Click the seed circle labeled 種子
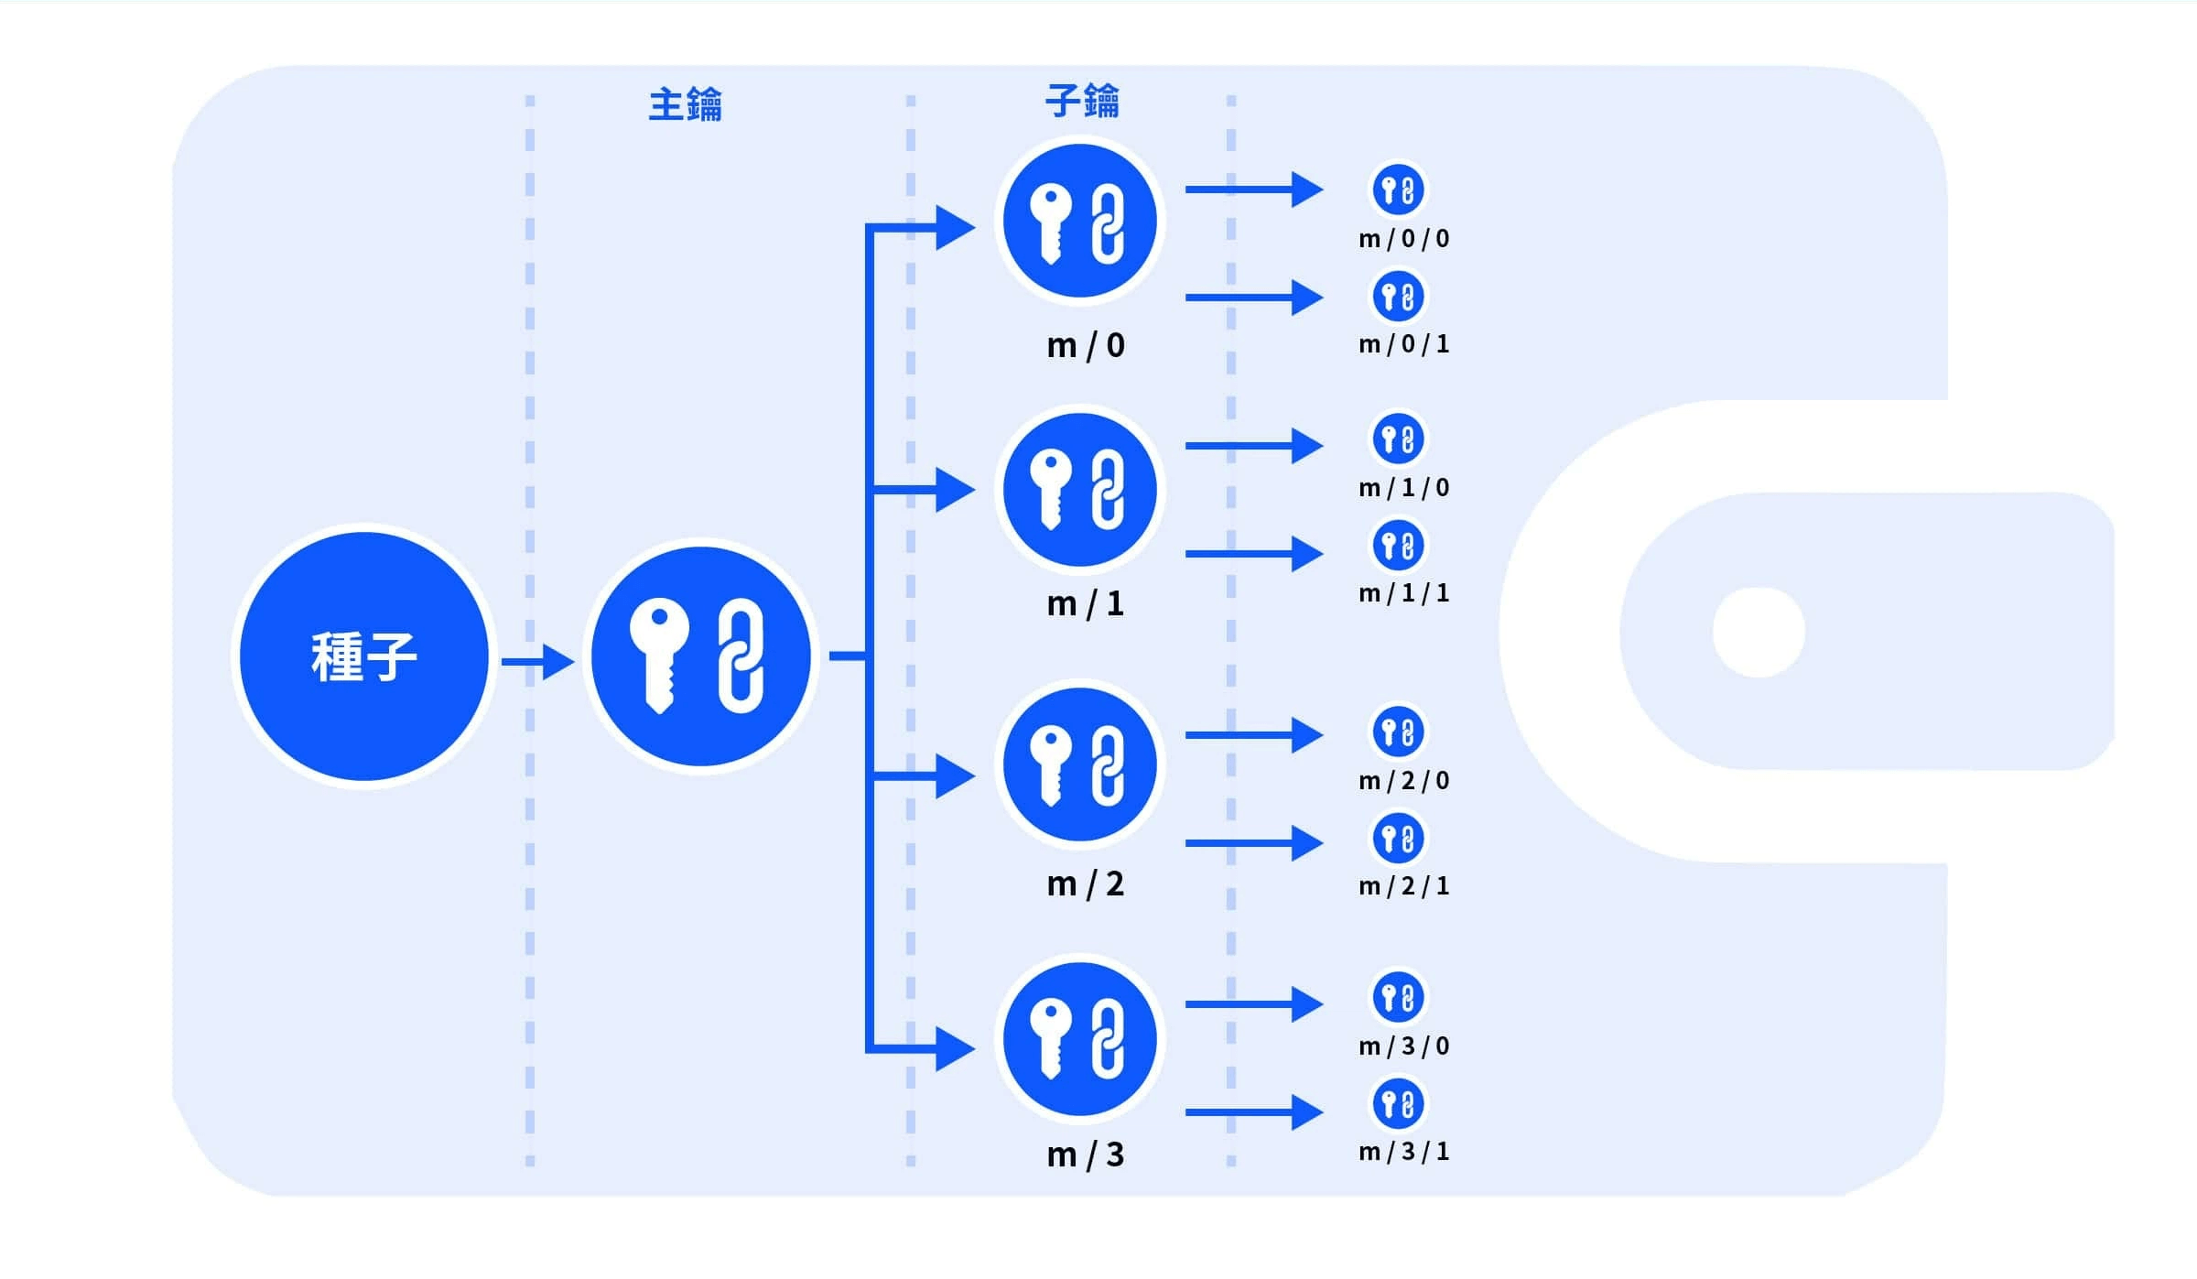(x=363, y=656)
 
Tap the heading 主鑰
(x=685, y=104)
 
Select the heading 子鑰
(x=1082, y=101)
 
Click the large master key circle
(x=700, y=656)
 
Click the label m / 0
(x=1086, y=345)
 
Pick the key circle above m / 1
(x=1080, y=490)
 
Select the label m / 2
(x=1086, y=883)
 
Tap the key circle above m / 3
(x=1080, y=1039)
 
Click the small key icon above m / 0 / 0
(x=1398, y=190)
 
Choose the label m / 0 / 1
(x=1404, y=344)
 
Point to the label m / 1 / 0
(x=1404, y=487)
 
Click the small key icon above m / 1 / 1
(x=1398, y=546)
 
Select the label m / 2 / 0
(x=1404, y=780)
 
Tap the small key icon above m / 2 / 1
(x=1398, y=838)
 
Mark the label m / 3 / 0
(x=1404, y=1046)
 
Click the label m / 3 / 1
(x=1404, y=1151)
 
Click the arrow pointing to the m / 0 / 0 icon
(x=1253, y=190)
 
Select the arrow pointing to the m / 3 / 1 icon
(x=1253, y=1112)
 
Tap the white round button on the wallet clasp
(x=1759, y=632)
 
